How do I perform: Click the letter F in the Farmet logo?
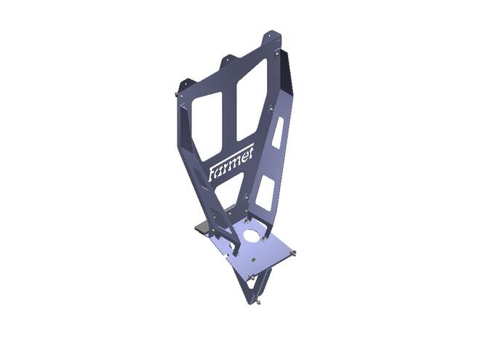pyautogui.click(x=212, y=174)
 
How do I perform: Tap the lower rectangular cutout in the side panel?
pyautogui.click(x=265, y=193)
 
